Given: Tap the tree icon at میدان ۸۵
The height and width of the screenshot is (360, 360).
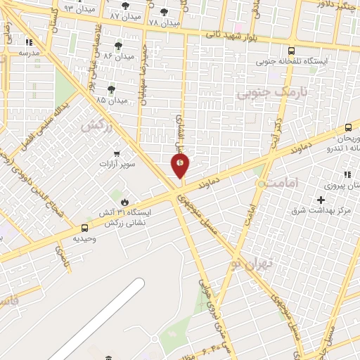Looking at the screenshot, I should pyautogui.click(x=111, y=89).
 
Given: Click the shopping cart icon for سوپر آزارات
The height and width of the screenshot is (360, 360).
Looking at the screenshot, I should pyautogui.click(x=117, y=154).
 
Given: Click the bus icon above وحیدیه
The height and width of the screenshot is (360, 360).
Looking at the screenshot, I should pyautogui.click(x=85, y=228).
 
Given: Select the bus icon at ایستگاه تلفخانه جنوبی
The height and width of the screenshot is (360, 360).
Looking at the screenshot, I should pyautogui.click(x=292, y=51).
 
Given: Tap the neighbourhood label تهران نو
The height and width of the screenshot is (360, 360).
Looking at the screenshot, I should pyautogui.click(x=254, y=262).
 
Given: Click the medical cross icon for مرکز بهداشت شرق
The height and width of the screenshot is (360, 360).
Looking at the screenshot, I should pyautogui.click(x=321, y=200).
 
